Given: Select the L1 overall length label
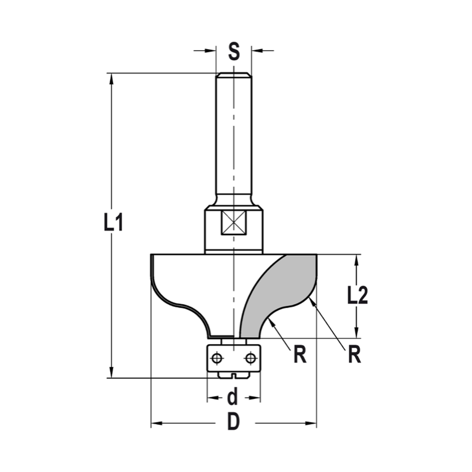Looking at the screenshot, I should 113,222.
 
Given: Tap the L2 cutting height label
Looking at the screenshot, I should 357,296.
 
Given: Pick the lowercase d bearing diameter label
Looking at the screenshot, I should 233,398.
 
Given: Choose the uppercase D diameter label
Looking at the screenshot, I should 233,422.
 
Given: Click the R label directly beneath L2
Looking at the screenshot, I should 354,355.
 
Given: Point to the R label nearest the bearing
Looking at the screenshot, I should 299,355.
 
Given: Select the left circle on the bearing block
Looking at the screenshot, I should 217,359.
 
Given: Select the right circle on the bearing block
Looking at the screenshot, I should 250,359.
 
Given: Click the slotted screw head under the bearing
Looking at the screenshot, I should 234,375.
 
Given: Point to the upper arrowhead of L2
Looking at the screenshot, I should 357,260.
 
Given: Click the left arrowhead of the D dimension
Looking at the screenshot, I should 156,423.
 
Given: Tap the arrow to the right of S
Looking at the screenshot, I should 257,51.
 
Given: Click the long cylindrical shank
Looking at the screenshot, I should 234,137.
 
